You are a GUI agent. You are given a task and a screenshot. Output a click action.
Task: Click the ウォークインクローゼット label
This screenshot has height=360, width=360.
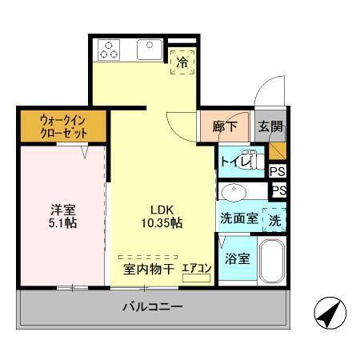click(x=63, y=127)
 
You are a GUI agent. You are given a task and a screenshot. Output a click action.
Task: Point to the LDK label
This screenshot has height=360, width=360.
click(x=156, y=210)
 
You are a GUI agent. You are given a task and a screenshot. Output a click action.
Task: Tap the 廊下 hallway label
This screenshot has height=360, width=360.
click(x=225, y=126)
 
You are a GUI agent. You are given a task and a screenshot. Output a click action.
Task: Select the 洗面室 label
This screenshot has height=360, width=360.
click(x=238, y=218)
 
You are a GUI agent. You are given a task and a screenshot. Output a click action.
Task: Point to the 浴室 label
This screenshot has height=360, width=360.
click(x=236, y=259)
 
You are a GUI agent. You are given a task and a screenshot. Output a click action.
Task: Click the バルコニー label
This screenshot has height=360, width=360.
click(x=152, y=307)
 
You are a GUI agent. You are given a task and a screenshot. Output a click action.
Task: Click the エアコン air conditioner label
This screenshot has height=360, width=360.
click(x=196, y=270)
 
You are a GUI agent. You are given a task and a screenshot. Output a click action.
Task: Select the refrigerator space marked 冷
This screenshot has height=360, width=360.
click(x=182, y=61)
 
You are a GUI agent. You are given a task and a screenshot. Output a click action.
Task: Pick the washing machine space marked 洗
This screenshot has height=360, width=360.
click(x=274, y=218)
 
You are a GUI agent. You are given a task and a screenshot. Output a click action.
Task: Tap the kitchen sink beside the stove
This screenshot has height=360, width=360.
click(x=148, y=50)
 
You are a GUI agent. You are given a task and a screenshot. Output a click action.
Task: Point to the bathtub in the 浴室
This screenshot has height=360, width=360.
click(x=270, y=260)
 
